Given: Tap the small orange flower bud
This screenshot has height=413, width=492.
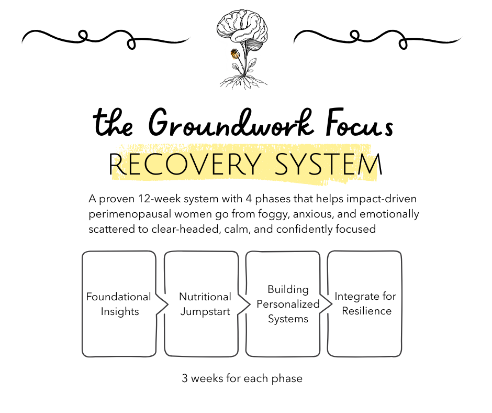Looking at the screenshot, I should point(235,53).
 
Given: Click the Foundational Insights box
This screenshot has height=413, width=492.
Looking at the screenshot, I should point(119,304).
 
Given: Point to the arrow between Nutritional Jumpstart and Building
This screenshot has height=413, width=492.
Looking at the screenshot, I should point(243,304).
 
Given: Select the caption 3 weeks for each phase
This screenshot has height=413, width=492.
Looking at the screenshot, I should point(242,378).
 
